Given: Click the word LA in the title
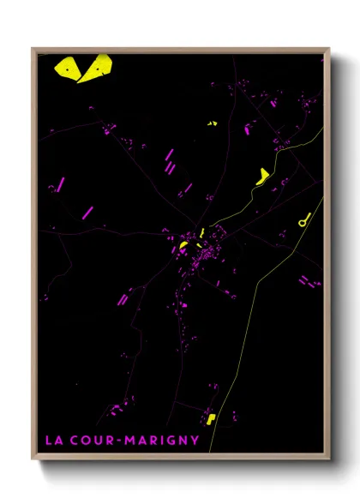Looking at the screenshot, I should [52, 441].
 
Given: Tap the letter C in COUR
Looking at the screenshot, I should [71, 441].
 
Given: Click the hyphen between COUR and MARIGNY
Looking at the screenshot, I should [118, 441].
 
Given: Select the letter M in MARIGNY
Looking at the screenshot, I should [129, 441].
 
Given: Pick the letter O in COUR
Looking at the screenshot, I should [83, 441].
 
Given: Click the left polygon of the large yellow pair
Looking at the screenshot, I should [67, 67].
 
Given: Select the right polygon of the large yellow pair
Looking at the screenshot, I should [94, 68].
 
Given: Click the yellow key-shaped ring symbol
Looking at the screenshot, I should [304, 221].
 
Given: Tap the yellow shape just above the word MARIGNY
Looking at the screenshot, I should [211, 418].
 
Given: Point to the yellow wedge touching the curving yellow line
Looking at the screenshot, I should [262, 177].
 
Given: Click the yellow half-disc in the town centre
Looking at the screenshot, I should [184, 245].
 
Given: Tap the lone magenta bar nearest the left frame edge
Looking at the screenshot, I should [60, 185].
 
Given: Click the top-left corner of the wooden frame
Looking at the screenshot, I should [33, 49].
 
